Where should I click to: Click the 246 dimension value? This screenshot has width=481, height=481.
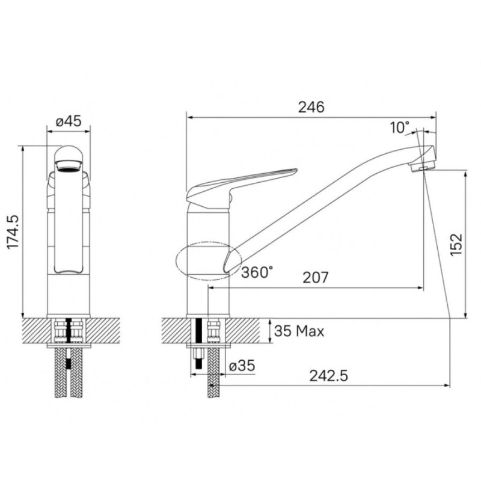311,107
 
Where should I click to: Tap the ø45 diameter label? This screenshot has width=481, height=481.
69,121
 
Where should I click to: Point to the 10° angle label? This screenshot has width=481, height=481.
400,127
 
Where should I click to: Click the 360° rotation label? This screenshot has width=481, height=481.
257,272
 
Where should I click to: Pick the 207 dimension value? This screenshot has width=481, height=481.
315,278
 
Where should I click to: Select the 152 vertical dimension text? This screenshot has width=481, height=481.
456,245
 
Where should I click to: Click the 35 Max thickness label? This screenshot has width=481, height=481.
299,331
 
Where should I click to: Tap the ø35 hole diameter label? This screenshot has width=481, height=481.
242,366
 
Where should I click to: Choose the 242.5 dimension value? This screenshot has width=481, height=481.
328,375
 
